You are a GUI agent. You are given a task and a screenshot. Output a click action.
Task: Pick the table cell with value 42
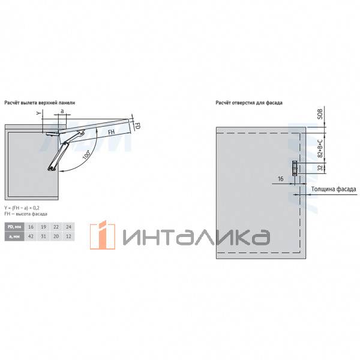pos(32,237)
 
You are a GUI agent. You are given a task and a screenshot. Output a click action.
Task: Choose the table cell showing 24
pos(68,227)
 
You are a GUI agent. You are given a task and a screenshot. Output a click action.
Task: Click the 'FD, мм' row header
pos(14,227)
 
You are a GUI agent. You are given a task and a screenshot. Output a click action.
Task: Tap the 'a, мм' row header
pos(14,237)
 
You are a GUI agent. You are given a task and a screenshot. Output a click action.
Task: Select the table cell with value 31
pos(44,237)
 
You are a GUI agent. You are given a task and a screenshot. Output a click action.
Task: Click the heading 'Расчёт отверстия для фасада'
pos(249,103)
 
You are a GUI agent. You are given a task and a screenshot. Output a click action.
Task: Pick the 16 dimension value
pos(281,179)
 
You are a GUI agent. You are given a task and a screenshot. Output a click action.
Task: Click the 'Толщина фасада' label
pos(334,190)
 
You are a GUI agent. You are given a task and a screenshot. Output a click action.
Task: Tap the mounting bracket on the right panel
pos(294,167)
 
